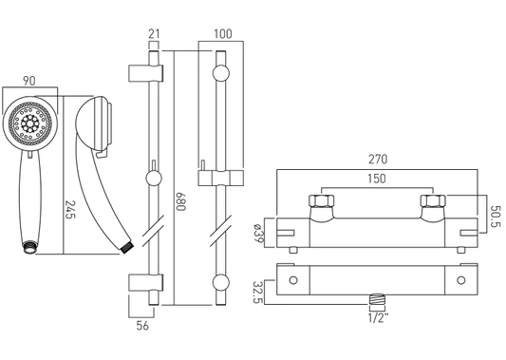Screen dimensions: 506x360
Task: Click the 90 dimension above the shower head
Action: pos(29,81)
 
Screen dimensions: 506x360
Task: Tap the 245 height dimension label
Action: pos(70,210)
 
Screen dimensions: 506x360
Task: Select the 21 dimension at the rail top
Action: pos(154,33)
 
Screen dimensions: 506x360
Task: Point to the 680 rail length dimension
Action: pos(180,201)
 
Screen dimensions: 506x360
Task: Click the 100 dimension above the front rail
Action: pos(223,33)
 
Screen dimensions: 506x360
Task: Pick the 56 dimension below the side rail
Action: pos(142,326)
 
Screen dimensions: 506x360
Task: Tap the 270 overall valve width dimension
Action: pos(378,160)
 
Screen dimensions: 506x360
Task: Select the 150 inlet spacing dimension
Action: pos(377,179)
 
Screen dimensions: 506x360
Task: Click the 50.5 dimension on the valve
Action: pos(496,217)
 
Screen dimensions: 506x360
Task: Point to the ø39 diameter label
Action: pos(258,233)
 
